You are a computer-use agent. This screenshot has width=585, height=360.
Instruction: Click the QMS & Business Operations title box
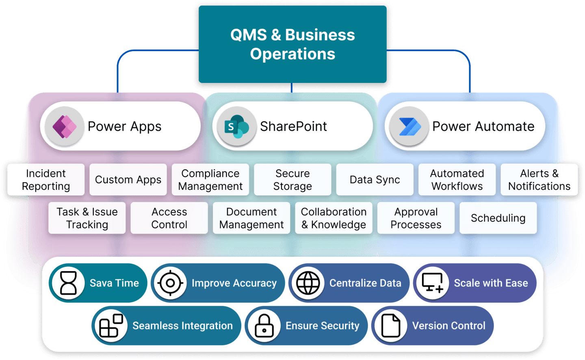292,44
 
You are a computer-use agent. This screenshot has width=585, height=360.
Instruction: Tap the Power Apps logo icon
65,126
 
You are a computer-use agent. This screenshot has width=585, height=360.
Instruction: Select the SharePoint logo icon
237,126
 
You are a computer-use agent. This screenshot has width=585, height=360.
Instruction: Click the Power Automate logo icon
409,126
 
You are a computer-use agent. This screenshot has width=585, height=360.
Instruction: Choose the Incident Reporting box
46,180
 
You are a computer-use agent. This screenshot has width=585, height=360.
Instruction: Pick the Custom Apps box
128,180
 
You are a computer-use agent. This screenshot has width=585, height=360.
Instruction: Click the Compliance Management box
210,180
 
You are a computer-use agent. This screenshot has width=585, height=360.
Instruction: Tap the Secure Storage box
292,180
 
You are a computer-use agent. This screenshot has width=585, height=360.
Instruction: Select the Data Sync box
375,180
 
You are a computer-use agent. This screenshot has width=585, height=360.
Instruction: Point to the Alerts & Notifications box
539,180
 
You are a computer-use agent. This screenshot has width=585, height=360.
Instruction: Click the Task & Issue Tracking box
87,218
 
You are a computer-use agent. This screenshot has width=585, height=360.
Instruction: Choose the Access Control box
169,218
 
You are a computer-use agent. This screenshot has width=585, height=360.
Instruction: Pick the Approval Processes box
416,218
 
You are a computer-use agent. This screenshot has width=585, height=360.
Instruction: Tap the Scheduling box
498,218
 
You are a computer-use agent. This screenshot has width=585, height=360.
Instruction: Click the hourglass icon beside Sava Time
68,283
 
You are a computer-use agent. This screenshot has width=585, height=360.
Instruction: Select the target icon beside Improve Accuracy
171,283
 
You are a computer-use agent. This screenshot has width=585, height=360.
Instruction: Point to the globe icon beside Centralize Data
308,283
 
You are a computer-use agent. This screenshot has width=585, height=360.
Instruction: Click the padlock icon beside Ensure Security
264,326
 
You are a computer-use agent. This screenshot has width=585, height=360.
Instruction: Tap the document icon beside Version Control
391,326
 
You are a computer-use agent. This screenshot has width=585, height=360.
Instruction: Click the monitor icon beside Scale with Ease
433,283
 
